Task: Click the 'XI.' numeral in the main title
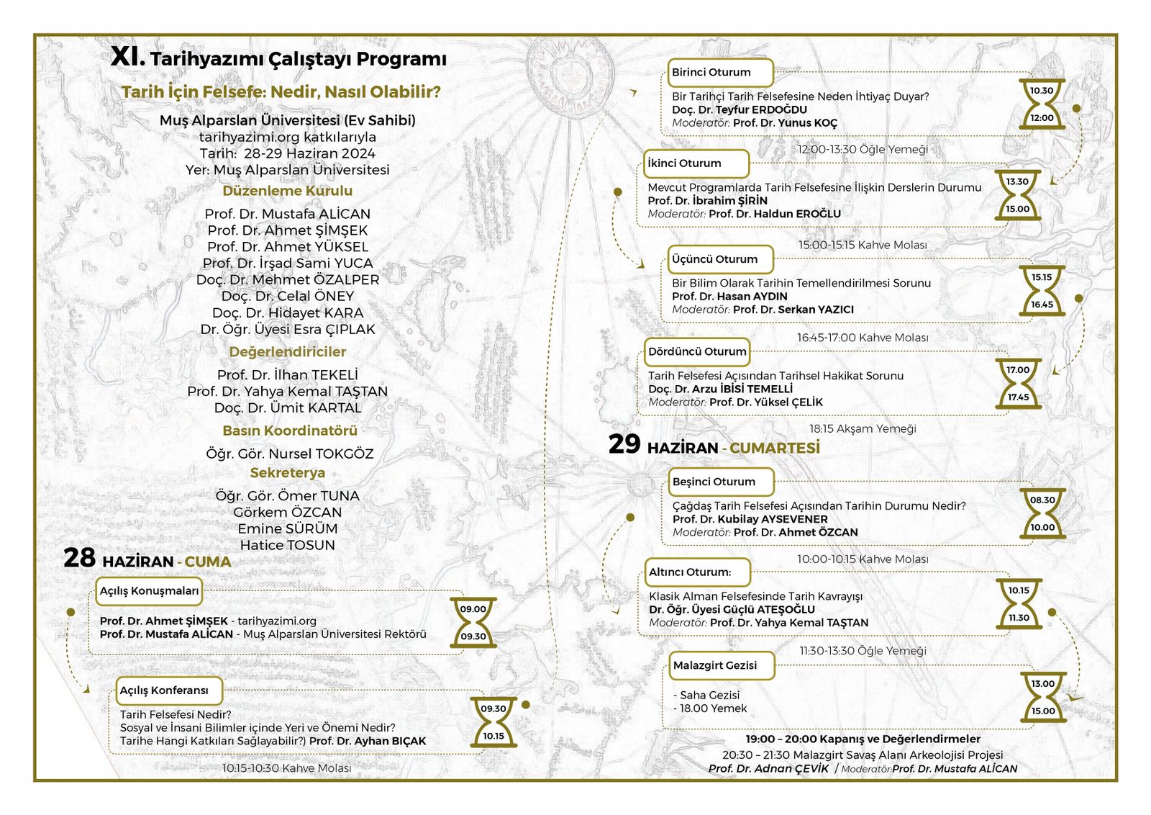coord(127,58)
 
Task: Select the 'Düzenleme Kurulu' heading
coord(287,191)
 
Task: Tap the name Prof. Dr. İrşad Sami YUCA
coord(287,264)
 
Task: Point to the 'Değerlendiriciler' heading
coord(287,352)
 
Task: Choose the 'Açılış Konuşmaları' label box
coord(149,591)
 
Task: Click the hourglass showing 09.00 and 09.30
coord(473,622)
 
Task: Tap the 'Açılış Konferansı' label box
coord(169,690)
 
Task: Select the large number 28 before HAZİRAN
coord(79,558)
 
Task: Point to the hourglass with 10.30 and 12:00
coord(1041,104)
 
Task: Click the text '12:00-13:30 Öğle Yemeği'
coord(863,149)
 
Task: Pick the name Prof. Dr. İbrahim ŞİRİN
coord(707,201)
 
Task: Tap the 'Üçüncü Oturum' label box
coord(714,259)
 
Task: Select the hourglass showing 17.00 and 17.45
coord(1018,384)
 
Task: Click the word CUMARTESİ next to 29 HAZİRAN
coord(774,448)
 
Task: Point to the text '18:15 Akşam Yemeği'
coord(863,428)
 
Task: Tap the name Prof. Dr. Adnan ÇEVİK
coord(768,769)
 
